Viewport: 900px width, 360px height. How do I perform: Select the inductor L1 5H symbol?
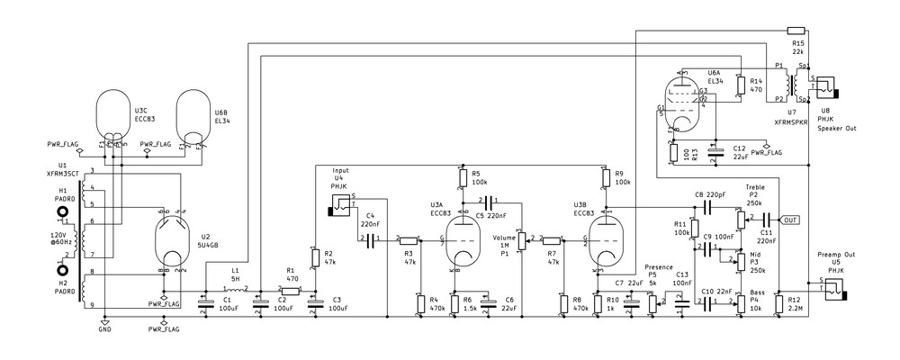pyautogui.click(x=235, y=289)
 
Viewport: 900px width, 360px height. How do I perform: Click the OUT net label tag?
pyautogui.click(x=790, y=219)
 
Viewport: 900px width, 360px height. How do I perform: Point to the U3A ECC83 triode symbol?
pyautogui.click(x=463, y=238)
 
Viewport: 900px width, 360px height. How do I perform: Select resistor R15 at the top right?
pyautogui.click(x=796, y=31)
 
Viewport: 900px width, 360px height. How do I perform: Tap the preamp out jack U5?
pyautogui.click(x=836, y=288)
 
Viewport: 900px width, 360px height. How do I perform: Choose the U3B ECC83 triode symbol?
pyautogui.click(x=607, y=238)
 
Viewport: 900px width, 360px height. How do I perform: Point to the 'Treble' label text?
pyautogui.click(x=755, y=186)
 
